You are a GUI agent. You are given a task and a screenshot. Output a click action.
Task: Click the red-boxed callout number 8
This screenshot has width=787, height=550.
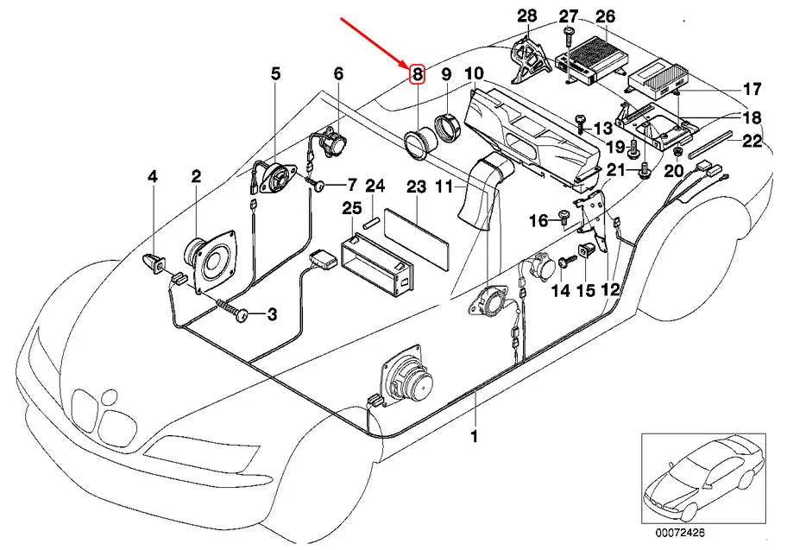[x=417, y=74]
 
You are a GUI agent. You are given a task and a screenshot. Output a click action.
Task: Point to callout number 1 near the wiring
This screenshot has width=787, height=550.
[x=473, y=435]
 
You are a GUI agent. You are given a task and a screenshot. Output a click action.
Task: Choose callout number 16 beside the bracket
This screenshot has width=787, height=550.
[x=538, y=221]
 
